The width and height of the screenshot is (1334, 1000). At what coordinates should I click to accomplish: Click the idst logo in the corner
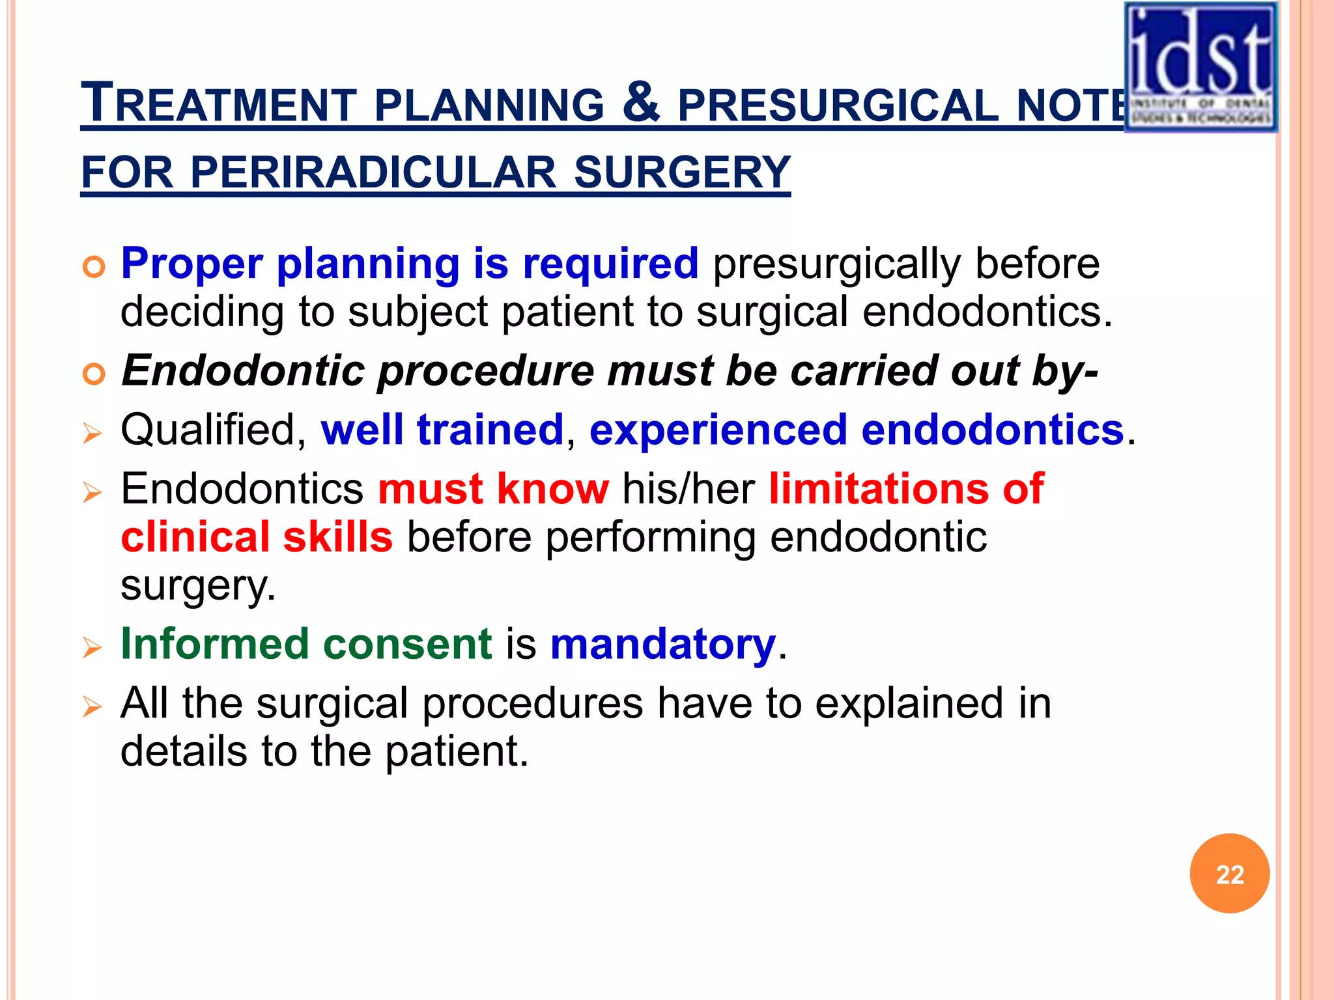click(1200, 67)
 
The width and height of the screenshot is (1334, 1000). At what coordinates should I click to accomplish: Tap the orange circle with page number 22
click(1229, 874)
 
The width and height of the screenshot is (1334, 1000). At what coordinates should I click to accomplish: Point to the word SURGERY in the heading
click(682, 173)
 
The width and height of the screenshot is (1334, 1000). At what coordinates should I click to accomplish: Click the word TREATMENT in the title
click(218, 104)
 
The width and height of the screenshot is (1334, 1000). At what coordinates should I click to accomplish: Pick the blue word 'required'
click(610, 264)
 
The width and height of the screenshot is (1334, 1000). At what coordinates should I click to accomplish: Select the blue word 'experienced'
click(718, 430)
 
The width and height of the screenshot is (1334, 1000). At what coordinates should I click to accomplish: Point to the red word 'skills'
click(337, 537)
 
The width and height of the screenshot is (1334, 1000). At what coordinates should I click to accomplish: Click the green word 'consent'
click(407, 644)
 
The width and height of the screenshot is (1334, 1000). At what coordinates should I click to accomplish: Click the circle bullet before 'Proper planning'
click(94, 267)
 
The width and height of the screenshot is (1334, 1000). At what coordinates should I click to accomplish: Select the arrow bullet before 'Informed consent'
click(92, 647)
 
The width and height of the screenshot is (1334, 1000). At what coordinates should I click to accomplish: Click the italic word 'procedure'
click(485, 372)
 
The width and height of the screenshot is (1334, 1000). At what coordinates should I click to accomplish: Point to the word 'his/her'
click(688, 488)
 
